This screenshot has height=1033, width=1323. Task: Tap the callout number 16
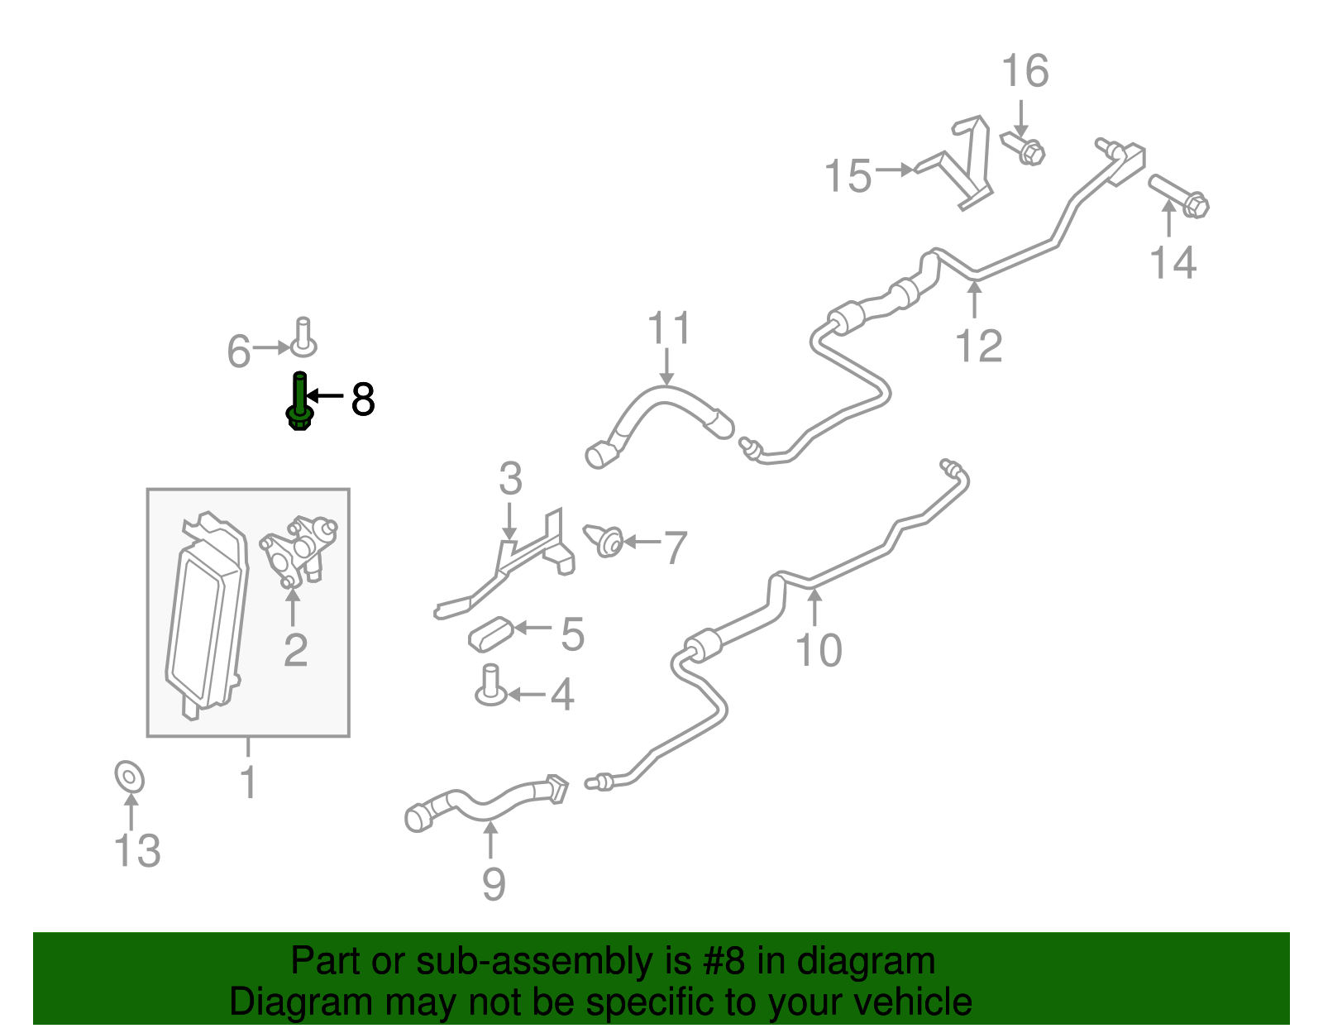[x=1024, y=70]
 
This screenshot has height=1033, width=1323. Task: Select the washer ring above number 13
[x=129, y=777]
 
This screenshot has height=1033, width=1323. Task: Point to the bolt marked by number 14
[x=1178, y=197]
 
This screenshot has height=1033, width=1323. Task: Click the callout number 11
[x=668, y=328]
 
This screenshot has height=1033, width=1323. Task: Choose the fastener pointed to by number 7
[x=604, y=540]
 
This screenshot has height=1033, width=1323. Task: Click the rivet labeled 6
[x=303, y=337]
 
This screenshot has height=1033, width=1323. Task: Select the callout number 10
[x=818, y=650]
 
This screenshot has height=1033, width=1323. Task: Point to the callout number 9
[x=493, y=884]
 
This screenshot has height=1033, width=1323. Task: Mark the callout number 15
[x=848, y=176]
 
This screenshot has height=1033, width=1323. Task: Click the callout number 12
[x=978, y=346]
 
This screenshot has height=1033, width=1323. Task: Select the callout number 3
[x=510, y=478]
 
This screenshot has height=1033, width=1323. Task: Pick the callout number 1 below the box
[x=248, y=781]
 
